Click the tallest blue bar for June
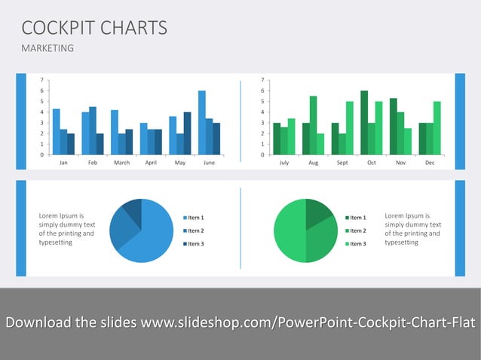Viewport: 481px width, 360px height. [x=202, y=123]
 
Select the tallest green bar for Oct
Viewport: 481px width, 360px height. [x=364, y=123]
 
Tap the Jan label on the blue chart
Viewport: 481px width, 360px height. [x=63, y=162]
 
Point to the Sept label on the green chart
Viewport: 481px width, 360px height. [x=342, y=162]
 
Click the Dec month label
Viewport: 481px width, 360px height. [x=430, y=162]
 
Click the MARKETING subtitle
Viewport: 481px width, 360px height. [x=47, y=48]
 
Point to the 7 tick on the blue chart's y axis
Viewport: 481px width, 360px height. [x=41, y=80]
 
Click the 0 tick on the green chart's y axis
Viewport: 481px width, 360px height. [x=262, y=154]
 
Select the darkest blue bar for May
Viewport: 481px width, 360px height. [x=188, y=133]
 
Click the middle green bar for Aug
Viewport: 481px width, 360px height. [x=313, y=125]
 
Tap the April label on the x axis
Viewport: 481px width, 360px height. [x=151, y=162]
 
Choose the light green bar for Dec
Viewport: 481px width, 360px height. [x=437, y=128]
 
